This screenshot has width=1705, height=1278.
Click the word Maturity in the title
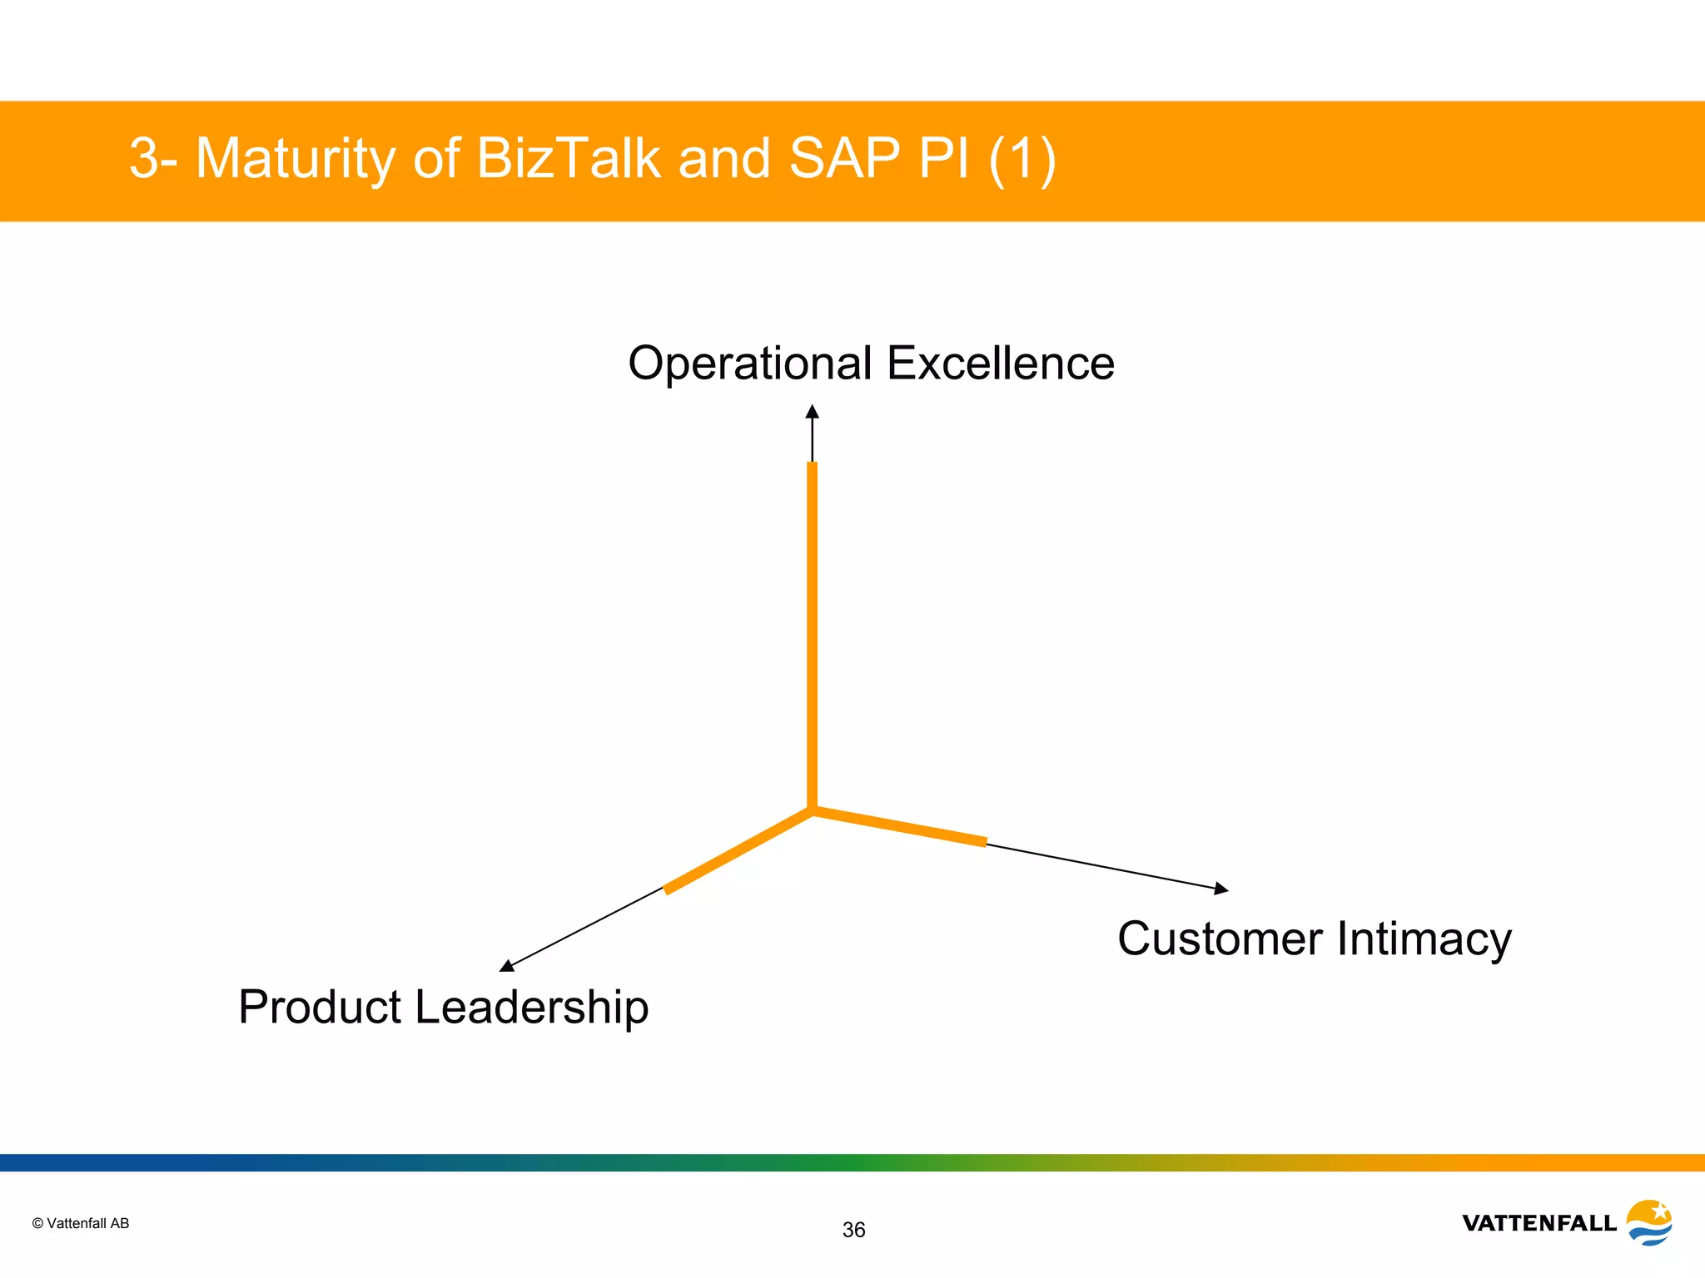click(296, 158)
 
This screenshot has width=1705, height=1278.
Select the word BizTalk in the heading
click(569, 158)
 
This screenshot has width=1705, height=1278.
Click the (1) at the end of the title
click(1022, 158)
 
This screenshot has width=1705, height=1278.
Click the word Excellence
click(1000, 364)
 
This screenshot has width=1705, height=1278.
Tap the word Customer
click(1220, 939)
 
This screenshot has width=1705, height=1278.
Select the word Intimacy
click(1424, 939)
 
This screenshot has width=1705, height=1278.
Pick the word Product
click(320, 1007)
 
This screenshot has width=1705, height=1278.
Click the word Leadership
click(531, 1007)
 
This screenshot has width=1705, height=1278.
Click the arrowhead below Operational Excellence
click(813, 412)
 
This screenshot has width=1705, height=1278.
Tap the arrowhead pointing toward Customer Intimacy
click(1221, 889)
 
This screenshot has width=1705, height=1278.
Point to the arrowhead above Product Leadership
click(506, 965)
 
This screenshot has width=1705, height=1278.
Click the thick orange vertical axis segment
click(813, 632)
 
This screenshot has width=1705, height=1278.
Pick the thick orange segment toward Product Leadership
click(738, 851)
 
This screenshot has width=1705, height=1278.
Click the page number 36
click(853, 1230)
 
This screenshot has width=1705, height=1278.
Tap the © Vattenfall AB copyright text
click(81, 1223)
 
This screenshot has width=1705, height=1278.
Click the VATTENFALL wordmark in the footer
click(1538, 1223)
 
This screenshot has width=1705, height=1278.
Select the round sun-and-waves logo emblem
click(1649, 1222)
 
